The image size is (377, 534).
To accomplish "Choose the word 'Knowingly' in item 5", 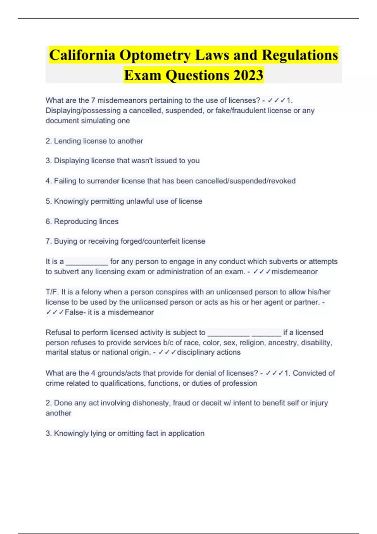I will click(x=71, y=201).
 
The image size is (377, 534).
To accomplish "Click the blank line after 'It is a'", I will click(x=87, y=262).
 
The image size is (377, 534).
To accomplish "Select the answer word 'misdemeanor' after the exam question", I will click(x=294, y=272).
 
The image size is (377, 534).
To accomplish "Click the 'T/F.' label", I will click(x=52, y=292).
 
